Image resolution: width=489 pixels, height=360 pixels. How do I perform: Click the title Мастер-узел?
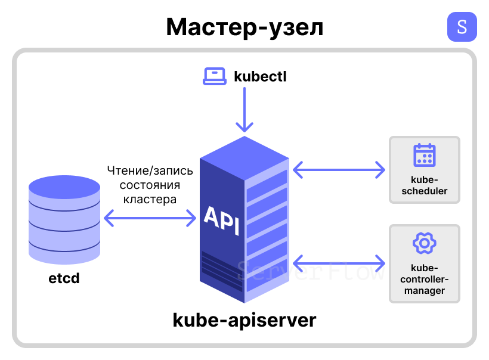pyautogui.click(x=244, y=27)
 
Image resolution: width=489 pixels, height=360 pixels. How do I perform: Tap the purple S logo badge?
pyautogui.click(x=462, y=27)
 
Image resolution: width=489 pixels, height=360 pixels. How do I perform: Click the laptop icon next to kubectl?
pyautogui.click(x=214, y=76)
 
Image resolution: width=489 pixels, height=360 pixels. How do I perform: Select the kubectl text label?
pyautogui.click(x=261, y=76)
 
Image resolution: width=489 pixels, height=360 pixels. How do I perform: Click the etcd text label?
pyautogui.click(x=64, y=278)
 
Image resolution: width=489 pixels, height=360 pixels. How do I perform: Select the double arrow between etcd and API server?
pyautogui.click(x=150, y=218)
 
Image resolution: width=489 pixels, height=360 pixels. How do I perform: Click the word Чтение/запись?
pyautogui.click(x=150, y=171)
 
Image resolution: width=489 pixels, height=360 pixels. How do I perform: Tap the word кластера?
pyautogui.click(x=150, y=200)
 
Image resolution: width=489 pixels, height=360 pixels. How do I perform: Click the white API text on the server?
pyautogui.click(x=221, y=221)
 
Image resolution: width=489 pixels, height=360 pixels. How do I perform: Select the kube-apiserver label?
pyautogui.click(x=244, y=320)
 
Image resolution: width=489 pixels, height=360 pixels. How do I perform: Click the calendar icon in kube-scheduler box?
pyautogui.click(x=424, y=155)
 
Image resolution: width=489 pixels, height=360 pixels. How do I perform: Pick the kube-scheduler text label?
pyautogui.click(x=424, y=186)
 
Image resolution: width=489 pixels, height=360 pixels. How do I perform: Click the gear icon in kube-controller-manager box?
pyautogui.click(x=424, y=243)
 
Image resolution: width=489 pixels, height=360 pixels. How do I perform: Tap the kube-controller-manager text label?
pyautogui.click(x=424, y=279)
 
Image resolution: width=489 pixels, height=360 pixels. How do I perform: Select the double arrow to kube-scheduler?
pyautogui.click(x=339, y=169)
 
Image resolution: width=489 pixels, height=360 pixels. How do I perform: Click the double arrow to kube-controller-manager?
pyautogui.click(x=339, y=262)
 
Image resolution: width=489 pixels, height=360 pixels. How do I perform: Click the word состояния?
pyautogui.click(x=150, y=185)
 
